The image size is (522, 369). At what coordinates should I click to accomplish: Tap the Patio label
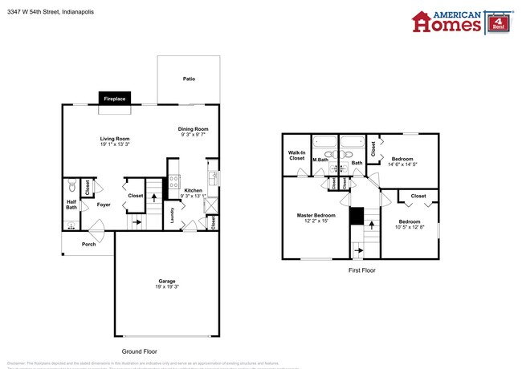(x=189, y=79)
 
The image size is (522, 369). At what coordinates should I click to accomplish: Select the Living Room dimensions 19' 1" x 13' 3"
(x=115, y=144)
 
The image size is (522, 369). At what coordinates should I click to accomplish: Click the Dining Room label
(x=194, y=129)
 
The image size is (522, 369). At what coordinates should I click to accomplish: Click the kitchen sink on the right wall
(x=212, y=176)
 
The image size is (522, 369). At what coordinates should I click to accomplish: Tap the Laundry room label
(x=172, y=215)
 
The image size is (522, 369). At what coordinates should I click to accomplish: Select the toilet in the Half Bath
(x=70, y=184)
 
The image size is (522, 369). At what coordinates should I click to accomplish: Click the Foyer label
(x=104, y=205)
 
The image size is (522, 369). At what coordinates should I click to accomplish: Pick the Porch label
(x=88, y=244)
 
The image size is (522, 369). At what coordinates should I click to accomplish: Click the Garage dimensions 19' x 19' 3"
(x=166, y=286)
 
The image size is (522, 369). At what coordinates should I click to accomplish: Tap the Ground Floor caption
(x=139, y=351)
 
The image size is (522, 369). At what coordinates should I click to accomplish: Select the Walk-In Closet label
(x=297, y=156)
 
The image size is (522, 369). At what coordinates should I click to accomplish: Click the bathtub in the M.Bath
(x=324, y=145)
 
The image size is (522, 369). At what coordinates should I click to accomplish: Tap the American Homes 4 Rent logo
(x=461, y=22)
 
